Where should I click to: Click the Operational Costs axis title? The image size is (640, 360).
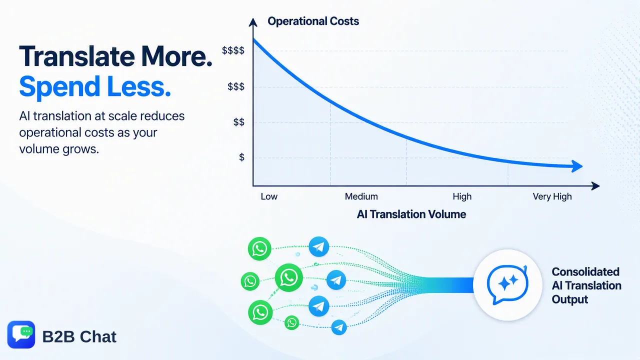(x=313, y=21)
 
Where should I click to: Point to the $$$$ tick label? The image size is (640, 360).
(x=233, y=50)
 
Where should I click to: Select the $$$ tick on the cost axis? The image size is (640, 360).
(x=236, y=86)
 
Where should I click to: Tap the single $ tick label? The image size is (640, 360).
(x=241, y=157)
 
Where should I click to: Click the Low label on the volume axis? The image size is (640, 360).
(x=269, y=196)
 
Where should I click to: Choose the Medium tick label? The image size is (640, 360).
(x=361, y=196)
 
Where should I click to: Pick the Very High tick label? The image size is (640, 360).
(x=552, y=197)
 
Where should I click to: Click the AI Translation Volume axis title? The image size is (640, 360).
(x=411, y=214)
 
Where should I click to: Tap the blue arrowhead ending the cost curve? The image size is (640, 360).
(x=576, y=166)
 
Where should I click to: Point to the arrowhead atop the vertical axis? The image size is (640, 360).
(x=253, y=22)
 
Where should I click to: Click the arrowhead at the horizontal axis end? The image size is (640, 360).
(x=595, y=186)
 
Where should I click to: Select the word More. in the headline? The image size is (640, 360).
(x=176, y=56)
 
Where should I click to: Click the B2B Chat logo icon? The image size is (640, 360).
(x=21, y=334)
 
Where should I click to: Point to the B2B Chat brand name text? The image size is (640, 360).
(x=79, y=337)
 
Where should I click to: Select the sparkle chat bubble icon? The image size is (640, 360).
(x=507, y=285)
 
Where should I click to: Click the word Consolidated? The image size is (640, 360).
(x=585, y=271)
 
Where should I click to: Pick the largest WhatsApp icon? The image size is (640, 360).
(x=288, y=277)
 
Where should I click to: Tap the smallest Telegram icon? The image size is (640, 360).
(x=339, y=327)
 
